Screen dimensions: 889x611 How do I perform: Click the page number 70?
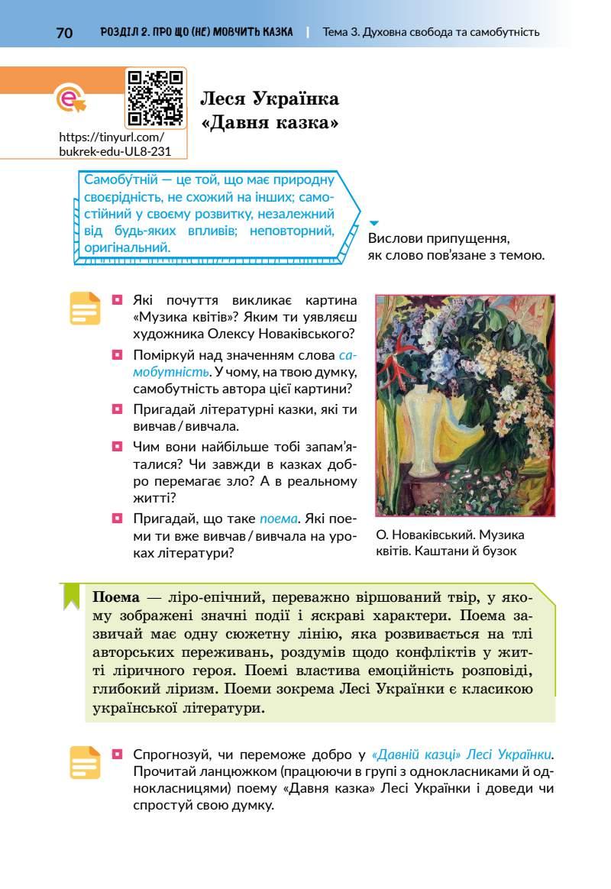tap(64, 32)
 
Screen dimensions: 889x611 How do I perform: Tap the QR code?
tap(156, 97)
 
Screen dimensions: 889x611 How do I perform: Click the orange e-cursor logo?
tap(70, 99)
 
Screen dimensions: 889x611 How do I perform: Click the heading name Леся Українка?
tap(270, 99)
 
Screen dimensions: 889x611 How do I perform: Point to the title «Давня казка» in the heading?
tap(270, 122)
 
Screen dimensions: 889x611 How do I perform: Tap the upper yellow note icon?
tap(85, 309)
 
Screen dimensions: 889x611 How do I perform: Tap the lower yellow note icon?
tap(85, 762)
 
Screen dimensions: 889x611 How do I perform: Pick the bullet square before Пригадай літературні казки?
tap(118, 409)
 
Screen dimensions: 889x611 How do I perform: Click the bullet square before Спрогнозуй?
tap(118, 754)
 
